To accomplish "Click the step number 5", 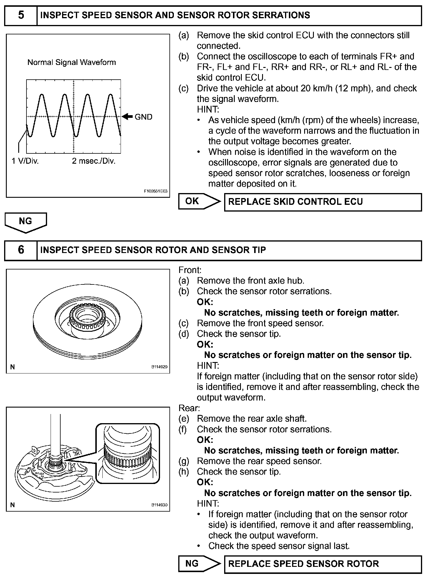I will click(21, 15).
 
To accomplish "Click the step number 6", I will click(21, 250).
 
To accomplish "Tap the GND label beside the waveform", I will click(144, 117).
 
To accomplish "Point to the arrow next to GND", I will click(127, 117).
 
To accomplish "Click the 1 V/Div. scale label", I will click(25, 161).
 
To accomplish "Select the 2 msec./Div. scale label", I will click(94, 161).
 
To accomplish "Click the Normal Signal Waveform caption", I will click(71, 62).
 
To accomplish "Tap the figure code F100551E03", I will click(156, 191).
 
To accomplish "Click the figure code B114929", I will click(159, 367).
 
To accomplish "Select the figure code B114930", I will click(159, 505).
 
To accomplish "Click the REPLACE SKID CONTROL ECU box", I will click(323, 202).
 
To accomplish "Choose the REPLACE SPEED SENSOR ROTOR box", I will click(323, 564).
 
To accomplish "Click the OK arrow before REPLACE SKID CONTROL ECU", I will click(199, 201).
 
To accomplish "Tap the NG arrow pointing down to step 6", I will click(26, 222).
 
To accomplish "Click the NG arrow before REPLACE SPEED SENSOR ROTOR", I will click(199, 563).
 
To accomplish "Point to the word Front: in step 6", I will click(190, 270).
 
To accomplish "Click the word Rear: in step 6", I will click(189, 408).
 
